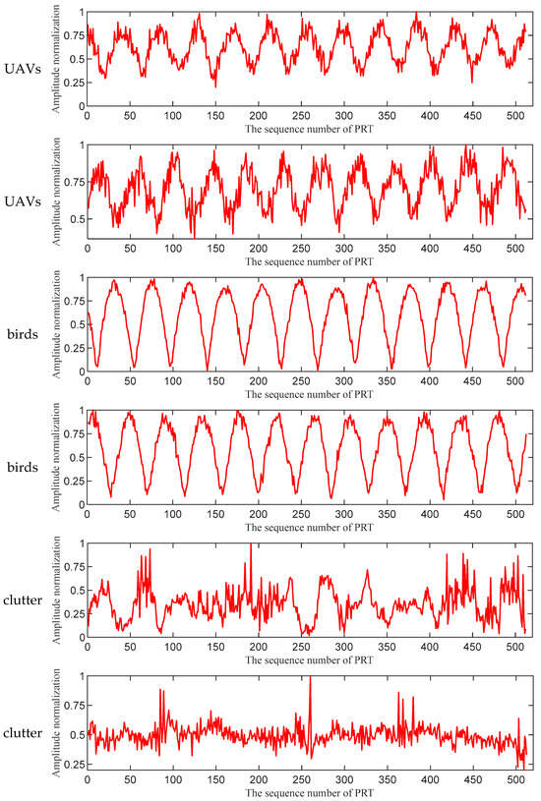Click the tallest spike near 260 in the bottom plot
(x=310, y=678)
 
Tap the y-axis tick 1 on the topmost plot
(x=80, y=12)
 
